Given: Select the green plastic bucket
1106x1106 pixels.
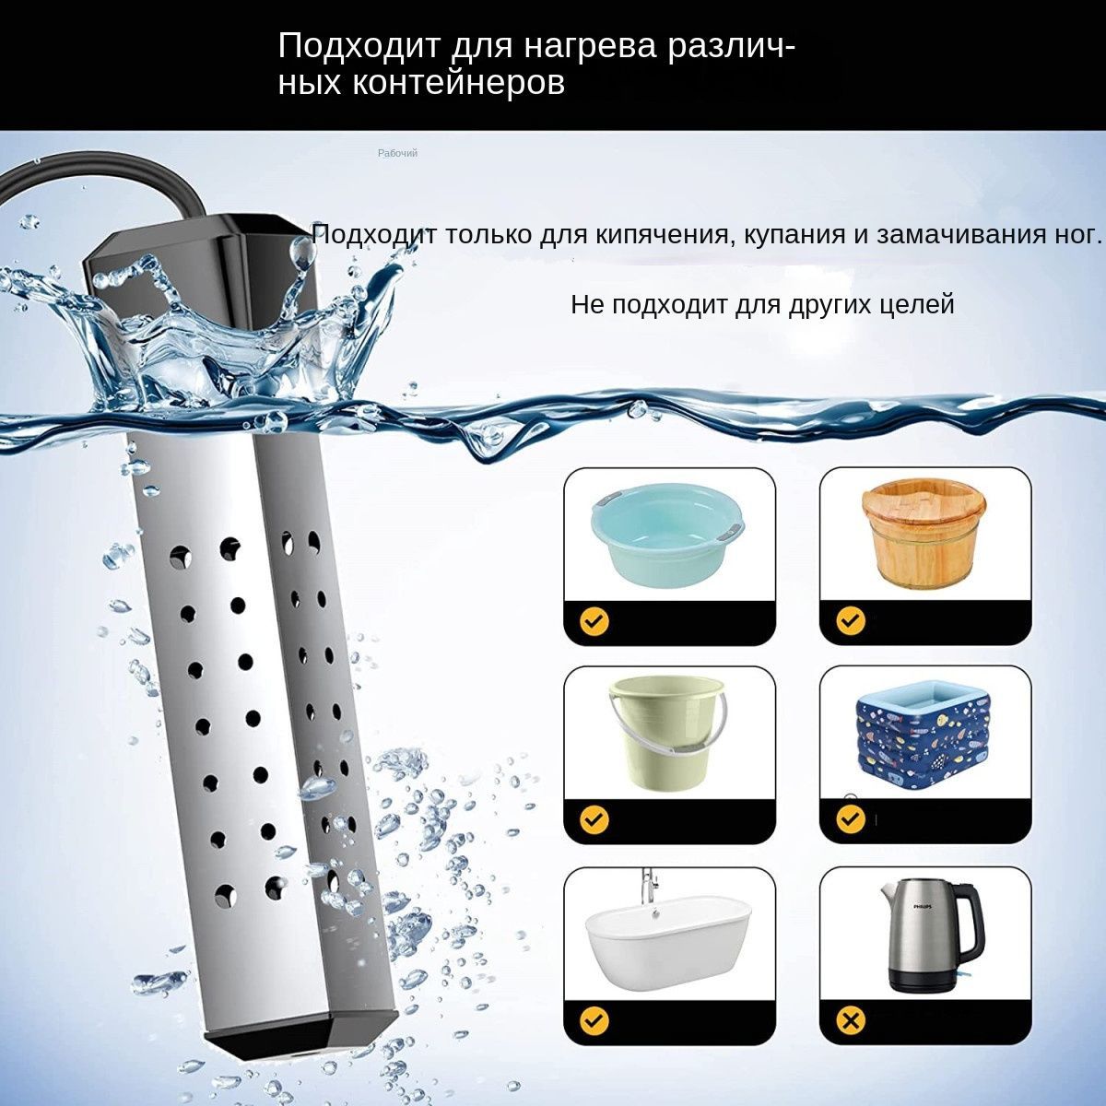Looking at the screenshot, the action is point(667,733).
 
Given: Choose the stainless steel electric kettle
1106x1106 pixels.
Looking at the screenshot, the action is point(928,944).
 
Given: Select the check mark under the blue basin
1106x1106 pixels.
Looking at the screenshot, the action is point(594,620).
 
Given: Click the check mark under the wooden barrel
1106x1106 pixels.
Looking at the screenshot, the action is point(851,620).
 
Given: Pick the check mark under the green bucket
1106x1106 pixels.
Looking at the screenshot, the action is point(594,819).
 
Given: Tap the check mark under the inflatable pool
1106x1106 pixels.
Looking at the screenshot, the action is point(851,819).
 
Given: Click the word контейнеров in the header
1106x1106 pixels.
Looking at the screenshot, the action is point(458,83).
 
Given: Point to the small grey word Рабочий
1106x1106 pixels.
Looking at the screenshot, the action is point(397,153).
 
